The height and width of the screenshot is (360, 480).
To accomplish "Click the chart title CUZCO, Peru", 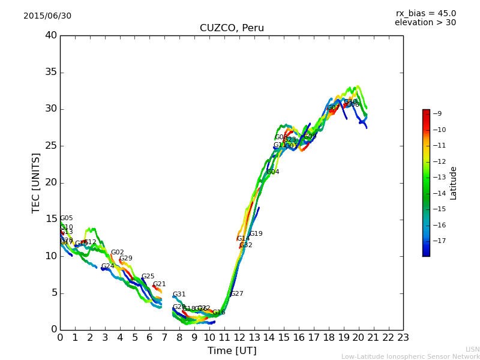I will coord(232,28).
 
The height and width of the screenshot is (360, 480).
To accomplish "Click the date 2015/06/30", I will coord(47,16).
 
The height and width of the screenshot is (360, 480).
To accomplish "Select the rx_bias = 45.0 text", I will coord(425,13).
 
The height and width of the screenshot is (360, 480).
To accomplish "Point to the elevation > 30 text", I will coord(425,23).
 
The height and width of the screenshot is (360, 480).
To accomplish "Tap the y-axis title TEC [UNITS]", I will coord(36,182).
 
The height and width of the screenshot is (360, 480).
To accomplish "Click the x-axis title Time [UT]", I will coord(232,351).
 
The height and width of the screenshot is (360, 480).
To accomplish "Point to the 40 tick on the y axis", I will coord(51,35).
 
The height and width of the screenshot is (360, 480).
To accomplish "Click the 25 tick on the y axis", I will coord(51,146).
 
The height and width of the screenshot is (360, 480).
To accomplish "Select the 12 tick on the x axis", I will coord(239,338).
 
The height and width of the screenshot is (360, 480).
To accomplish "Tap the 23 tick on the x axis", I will coord(403,338).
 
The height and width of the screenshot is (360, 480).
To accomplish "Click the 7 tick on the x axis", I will coord(164,338).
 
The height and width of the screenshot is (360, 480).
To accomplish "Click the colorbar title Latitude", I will coord(454,183).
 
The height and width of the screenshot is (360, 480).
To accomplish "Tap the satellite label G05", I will coord(67,218).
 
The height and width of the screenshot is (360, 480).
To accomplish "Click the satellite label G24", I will coord(107,266).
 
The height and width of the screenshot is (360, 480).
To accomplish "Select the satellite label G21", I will coord(159,284).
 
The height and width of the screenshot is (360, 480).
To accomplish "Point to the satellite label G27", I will coord(237,294).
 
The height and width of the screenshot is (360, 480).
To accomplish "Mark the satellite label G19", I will coord(256,234).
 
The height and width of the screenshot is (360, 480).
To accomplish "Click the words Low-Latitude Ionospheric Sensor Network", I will coord(410,356).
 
